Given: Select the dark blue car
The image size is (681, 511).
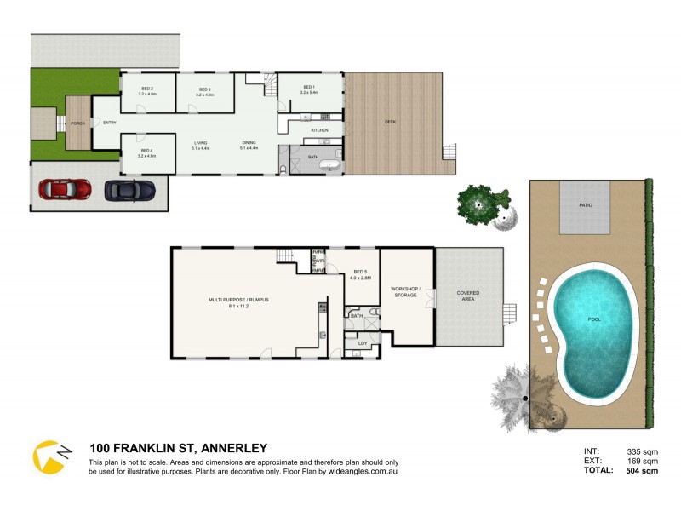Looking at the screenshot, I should tap(129, 189).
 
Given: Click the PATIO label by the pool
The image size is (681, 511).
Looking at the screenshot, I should tap(587, 205).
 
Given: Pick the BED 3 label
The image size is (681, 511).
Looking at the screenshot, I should tap(204, 89).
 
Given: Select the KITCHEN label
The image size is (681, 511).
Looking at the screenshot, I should tap(320, 129).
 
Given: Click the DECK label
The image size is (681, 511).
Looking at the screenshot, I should tap(391, 122).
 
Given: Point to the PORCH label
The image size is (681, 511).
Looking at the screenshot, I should tap(77, 123).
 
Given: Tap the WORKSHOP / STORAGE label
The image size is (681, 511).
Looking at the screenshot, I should tap(405, 291).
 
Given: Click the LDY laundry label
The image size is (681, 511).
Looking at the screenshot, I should tap(362, 343).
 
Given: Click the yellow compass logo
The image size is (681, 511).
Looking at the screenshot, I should tap(51, 456).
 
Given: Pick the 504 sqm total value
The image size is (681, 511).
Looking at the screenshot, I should tap(643, 470).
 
